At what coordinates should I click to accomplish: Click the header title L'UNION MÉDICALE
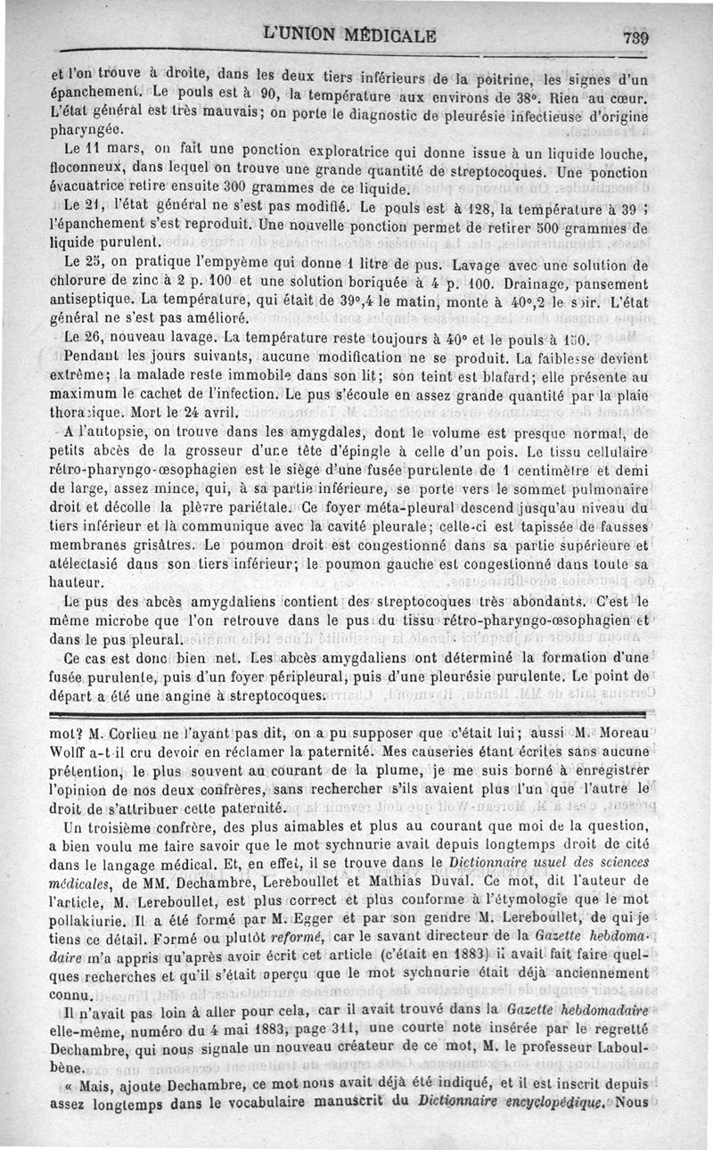tap(349, 36)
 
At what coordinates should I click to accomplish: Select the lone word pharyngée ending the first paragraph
tap(86, 129)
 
